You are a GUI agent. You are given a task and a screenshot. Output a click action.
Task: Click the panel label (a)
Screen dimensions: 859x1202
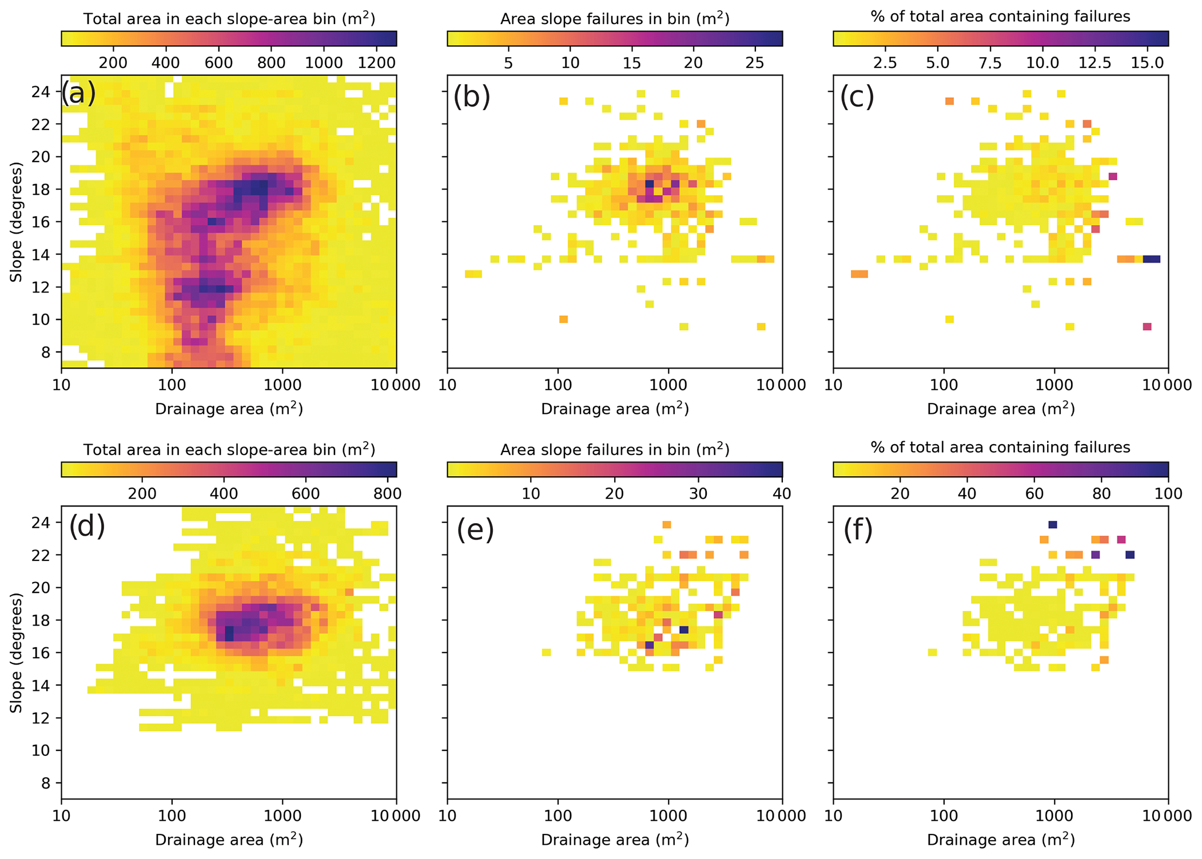tap(78, 93)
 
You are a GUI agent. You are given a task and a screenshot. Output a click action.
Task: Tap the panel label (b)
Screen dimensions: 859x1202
tap(472, 96)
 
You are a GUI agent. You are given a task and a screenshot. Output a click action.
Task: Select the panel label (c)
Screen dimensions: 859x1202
tap(857, 96)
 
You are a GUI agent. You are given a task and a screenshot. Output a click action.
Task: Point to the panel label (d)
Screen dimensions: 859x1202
tap(87, 525)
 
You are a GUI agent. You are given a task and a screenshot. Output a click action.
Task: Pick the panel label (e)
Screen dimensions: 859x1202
tap(475, 529)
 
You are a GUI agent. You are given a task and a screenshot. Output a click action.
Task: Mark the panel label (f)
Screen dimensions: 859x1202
tap(858, 529)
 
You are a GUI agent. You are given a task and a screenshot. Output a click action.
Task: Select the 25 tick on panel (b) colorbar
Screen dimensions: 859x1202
tap(755, 62)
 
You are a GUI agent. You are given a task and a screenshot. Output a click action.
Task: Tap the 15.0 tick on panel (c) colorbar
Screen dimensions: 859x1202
tap(1147, 62)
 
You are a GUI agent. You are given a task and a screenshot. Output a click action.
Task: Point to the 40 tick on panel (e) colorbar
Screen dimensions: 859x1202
tap(782, 493)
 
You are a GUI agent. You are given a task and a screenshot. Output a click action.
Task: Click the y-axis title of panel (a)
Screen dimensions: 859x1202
tap(16, 222)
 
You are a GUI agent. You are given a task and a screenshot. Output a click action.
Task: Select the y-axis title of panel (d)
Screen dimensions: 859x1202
tap(16, 652)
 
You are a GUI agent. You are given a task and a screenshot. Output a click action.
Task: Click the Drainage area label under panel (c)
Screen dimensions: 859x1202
tap(1001, 409)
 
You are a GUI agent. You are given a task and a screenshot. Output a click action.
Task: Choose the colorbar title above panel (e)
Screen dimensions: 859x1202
tap(615, 450)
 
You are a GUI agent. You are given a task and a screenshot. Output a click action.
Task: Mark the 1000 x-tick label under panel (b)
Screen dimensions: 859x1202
tap(668, 385)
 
